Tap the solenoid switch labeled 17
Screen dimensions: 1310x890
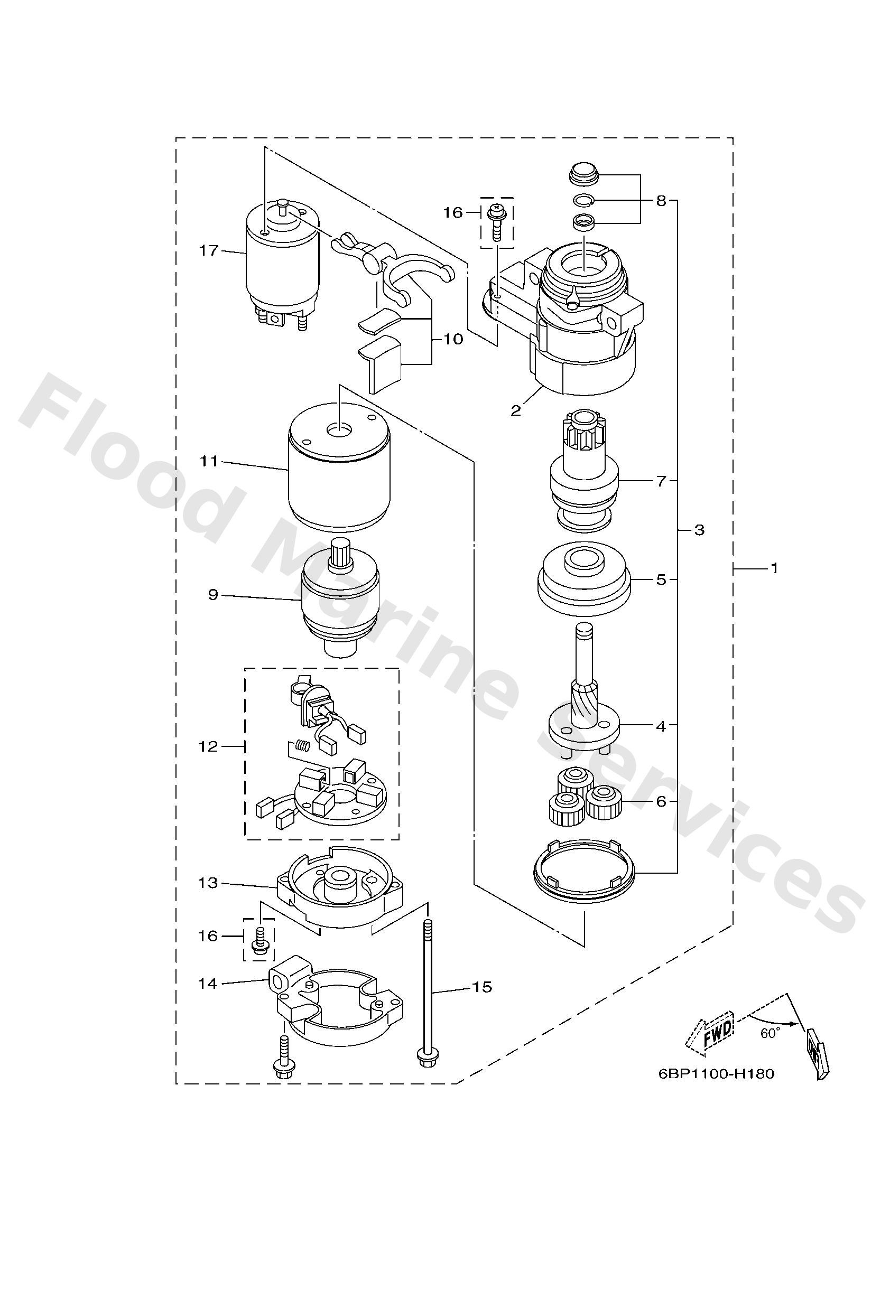(x=281, y=265)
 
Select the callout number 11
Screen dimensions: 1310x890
(x=209, y=461)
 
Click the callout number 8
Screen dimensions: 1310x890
(x=661, y=200)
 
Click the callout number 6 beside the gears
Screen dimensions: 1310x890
(x=661, y=801)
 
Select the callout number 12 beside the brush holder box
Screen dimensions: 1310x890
(x=208, y=746)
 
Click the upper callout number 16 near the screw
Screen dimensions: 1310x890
(x=452, y=212)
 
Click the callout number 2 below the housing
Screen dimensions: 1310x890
(x=515, y=410)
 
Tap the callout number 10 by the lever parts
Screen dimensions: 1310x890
(x=453, y=339)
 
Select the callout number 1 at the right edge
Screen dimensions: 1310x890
(x=774, y=568)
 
